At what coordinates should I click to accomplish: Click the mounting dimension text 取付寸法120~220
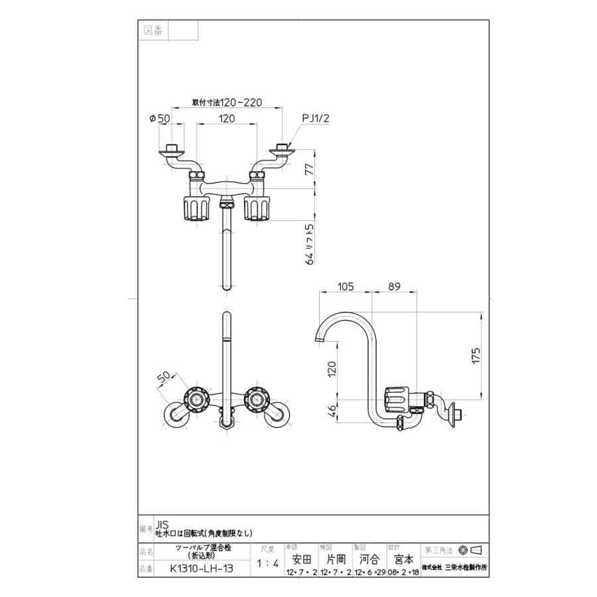click(x=227, y=102)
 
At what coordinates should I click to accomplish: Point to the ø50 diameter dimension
click(x=161, y=119)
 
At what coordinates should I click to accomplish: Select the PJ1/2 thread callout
click(x=316, y=118)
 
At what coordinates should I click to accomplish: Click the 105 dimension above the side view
click(x=344, y=287)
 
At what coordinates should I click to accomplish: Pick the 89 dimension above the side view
click(x=393, y=287)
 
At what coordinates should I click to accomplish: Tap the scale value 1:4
click(x=267, y=564)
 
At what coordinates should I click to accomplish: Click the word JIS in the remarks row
click(x=162, y=523)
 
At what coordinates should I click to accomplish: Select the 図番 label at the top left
click(x=153, y=31)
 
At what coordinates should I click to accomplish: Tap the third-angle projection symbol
click(x=469, y=550)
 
